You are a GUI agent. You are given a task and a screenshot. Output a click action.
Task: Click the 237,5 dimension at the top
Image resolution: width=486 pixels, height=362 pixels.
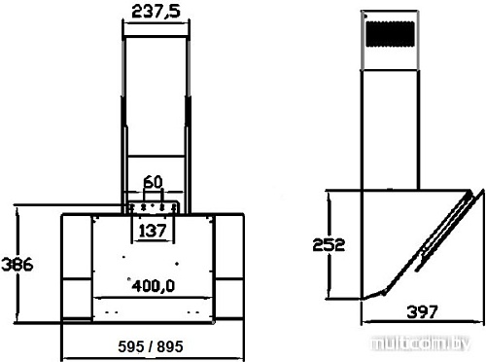[156, 12]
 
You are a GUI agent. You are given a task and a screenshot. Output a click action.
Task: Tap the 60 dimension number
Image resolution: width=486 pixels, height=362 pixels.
[153, 182]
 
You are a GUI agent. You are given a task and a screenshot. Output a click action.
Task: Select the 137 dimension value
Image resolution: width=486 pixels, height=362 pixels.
[153, 231]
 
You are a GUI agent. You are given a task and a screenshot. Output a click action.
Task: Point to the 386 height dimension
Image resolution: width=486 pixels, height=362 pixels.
[17, 264]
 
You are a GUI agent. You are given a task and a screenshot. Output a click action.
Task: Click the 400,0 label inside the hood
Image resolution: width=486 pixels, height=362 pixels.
[153, 286]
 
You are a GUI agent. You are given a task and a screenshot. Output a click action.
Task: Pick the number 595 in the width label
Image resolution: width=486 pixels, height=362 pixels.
[131, 346]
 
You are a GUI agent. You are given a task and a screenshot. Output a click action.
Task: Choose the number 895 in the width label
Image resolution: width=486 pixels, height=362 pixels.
[170, 346]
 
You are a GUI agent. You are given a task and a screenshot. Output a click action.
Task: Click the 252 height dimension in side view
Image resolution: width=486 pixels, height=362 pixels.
[329, 244]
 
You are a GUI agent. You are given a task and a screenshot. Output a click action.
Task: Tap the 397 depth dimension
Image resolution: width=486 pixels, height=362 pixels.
[422, 312]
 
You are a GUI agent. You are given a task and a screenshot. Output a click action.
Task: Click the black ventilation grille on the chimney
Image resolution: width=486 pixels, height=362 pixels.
[390, 34]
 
